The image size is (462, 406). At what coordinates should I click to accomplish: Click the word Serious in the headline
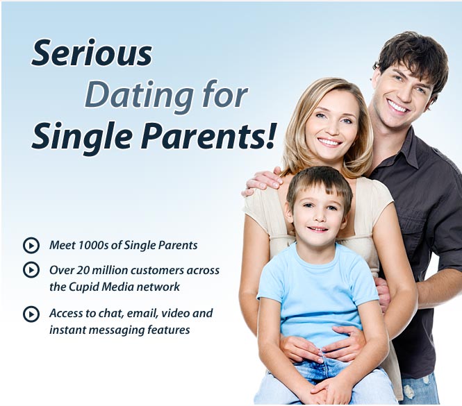[x=92, y=53]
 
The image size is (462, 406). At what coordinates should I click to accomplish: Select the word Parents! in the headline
[x=208, y=136]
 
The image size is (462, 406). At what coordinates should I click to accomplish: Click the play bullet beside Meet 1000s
[x=31, y=245]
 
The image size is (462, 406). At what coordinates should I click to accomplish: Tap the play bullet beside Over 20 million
[x=31, y=270]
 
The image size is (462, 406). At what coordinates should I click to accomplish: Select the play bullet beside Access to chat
[x=31, y=314]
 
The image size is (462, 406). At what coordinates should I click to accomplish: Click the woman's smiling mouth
[x=329, y=142]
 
